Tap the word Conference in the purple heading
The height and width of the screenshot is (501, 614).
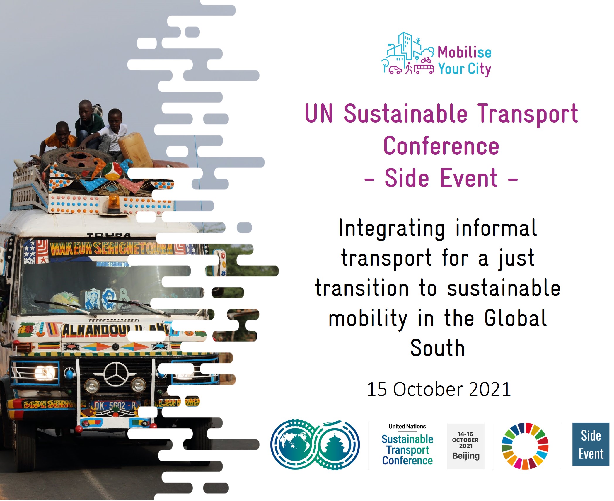[441, 146]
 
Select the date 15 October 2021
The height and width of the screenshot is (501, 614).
[439, 389]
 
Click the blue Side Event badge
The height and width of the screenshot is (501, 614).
[591, 444]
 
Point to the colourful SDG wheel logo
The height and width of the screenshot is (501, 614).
[525, 446]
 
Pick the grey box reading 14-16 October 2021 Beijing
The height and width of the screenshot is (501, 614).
[465, 446]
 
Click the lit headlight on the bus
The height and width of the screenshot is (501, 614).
[45, 373]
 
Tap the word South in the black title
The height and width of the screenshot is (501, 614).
[438, 348]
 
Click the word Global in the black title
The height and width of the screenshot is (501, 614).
[516, 318]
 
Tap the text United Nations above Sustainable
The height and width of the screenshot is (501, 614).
[407, 426]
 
